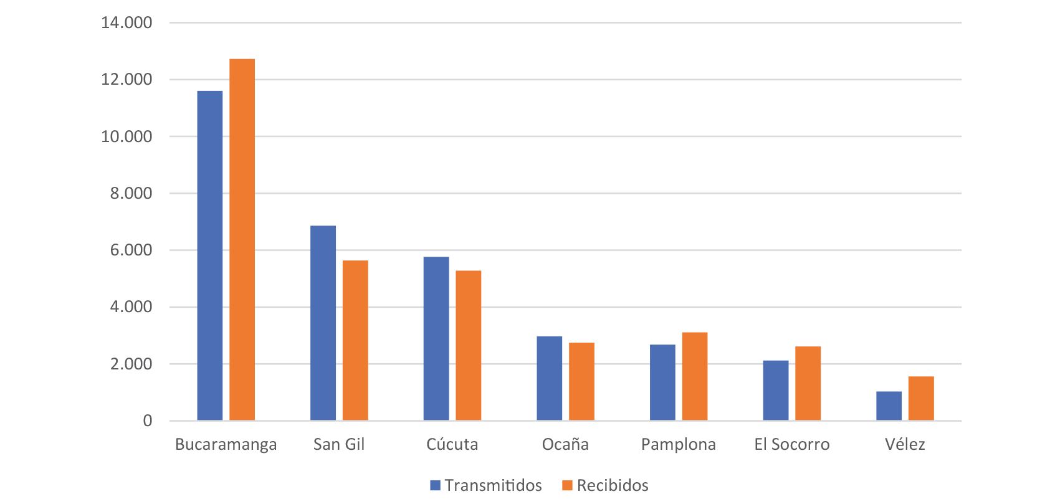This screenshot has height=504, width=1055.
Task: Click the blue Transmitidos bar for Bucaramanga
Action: [209, 255]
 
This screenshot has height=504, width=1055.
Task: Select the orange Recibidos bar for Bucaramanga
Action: [242, 240]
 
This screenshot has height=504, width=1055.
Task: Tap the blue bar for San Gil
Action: [323, 323]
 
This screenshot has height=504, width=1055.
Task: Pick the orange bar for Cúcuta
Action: [468, 345]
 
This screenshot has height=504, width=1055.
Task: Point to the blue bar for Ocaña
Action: [549, 378]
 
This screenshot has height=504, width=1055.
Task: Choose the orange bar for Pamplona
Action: [694, 376]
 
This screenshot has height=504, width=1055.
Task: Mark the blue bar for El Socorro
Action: [775, 390]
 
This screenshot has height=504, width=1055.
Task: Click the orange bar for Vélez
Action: [920, 398]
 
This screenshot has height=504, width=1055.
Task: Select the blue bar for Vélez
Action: [889, 406]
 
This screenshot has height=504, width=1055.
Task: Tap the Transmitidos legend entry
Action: [486, 485]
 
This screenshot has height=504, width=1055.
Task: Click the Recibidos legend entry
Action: [605, 485]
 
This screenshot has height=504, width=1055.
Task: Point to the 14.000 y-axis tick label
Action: [127, 23]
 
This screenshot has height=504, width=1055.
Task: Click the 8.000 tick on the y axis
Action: [131, 193]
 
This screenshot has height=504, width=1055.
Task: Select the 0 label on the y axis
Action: [147, 421]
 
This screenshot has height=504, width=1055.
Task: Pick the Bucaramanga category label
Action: [226, 444]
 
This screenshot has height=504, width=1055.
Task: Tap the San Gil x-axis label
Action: [338, 444]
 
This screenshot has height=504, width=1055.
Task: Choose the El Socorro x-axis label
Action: [791, 444]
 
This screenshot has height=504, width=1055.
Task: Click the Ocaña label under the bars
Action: [565, 444]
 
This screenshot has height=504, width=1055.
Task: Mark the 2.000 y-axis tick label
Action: [131, 364]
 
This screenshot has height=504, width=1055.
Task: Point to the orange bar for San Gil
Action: [355, 340]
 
